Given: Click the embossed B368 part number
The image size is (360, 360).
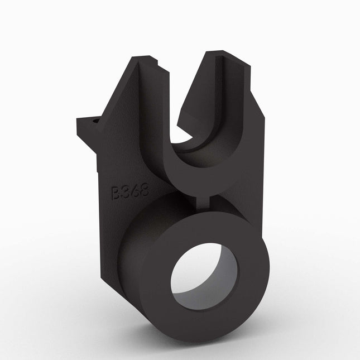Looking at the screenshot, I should pos(129,192).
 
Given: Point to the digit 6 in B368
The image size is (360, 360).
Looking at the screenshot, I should pos(135,191).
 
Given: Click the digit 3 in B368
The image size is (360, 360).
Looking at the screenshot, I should pos(126,193).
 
